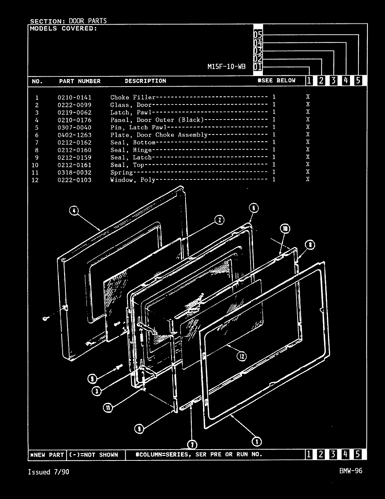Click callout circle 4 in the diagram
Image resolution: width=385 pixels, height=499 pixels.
click(x=74, y=211)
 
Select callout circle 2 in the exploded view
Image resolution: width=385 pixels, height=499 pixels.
click(x=219, y=220)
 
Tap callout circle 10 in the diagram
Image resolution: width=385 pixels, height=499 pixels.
click(x=285, y=229)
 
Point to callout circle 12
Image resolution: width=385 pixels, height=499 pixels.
click(x=241, y=356)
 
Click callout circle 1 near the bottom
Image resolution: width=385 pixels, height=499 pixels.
click(x=257, y=442)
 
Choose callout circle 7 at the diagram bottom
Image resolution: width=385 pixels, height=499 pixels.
click(x=192, y=445)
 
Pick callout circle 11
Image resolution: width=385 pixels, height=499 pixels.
click(x=108, y=407)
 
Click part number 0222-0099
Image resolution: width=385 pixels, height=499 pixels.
click(x=74, y=105)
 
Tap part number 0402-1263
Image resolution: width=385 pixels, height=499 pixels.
click(x=74, y=135)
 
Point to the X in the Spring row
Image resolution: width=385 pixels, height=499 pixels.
click(x=308, y=172)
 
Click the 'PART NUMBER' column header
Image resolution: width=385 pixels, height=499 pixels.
click(x=79, y=81)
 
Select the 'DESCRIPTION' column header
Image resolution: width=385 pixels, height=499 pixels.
click(x=145, y=81)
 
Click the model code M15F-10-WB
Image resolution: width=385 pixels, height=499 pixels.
click(x=226, y=67)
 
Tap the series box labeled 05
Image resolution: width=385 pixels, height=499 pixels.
click(x=258, y=34)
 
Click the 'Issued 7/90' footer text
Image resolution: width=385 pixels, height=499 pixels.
click(x=48, y=472)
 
